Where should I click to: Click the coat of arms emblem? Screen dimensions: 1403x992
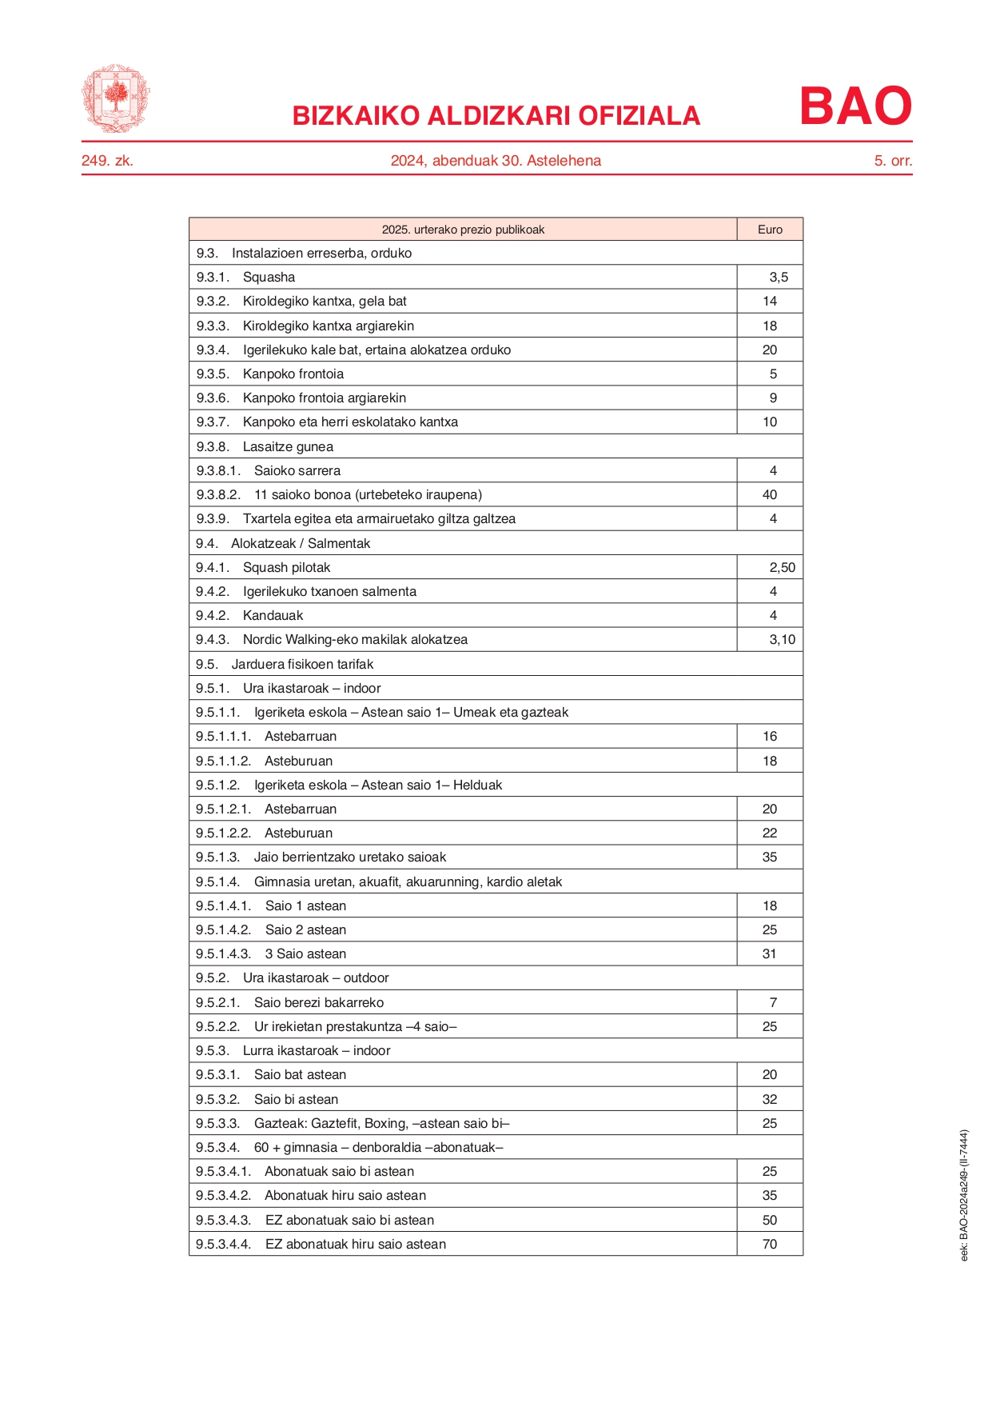click(115, 98)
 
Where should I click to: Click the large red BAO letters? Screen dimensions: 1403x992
click(855, 106)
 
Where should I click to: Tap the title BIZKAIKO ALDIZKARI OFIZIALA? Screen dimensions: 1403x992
click(496, 116)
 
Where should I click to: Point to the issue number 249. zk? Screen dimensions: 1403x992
click(107, 161)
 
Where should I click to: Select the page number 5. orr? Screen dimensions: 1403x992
click(893, 161)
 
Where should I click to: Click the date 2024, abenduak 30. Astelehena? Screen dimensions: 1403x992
click(496, 161)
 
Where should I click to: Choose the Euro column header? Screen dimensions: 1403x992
click(770, 230)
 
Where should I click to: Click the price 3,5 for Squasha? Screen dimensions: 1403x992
click(779, 278)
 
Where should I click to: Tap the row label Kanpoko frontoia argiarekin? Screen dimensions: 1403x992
click(325, 398)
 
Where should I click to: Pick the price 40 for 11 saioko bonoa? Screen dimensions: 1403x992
click(770, 495)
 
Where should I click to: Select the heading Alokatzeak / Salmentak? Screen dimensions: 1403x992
click(301, 544)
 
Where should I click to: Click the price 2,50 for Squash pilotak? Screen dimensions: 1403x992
click(782, 568)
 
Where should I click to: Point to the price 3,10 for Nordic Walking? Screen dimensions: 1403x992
click(782, 640)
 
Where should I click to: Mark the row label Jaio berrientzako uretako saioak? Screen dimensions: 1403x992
click(350, 857)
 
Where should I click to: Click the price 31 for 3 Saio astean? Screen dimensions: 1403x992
click(770, 954)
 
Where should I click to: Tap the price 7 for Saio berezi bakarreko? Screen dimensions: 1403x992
click(773, 1003)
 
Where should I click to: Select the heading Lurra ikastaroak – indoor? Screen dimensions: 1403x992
click(317, 1051)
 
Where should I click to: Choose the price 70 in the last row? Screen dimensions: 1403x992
click(770, 1245)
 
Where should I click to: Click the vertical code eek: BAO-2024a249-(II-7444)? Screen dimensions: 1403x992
click(964, 1195)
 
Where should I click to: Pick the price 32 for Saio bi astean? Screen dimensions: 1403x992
click(770, 1100)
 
